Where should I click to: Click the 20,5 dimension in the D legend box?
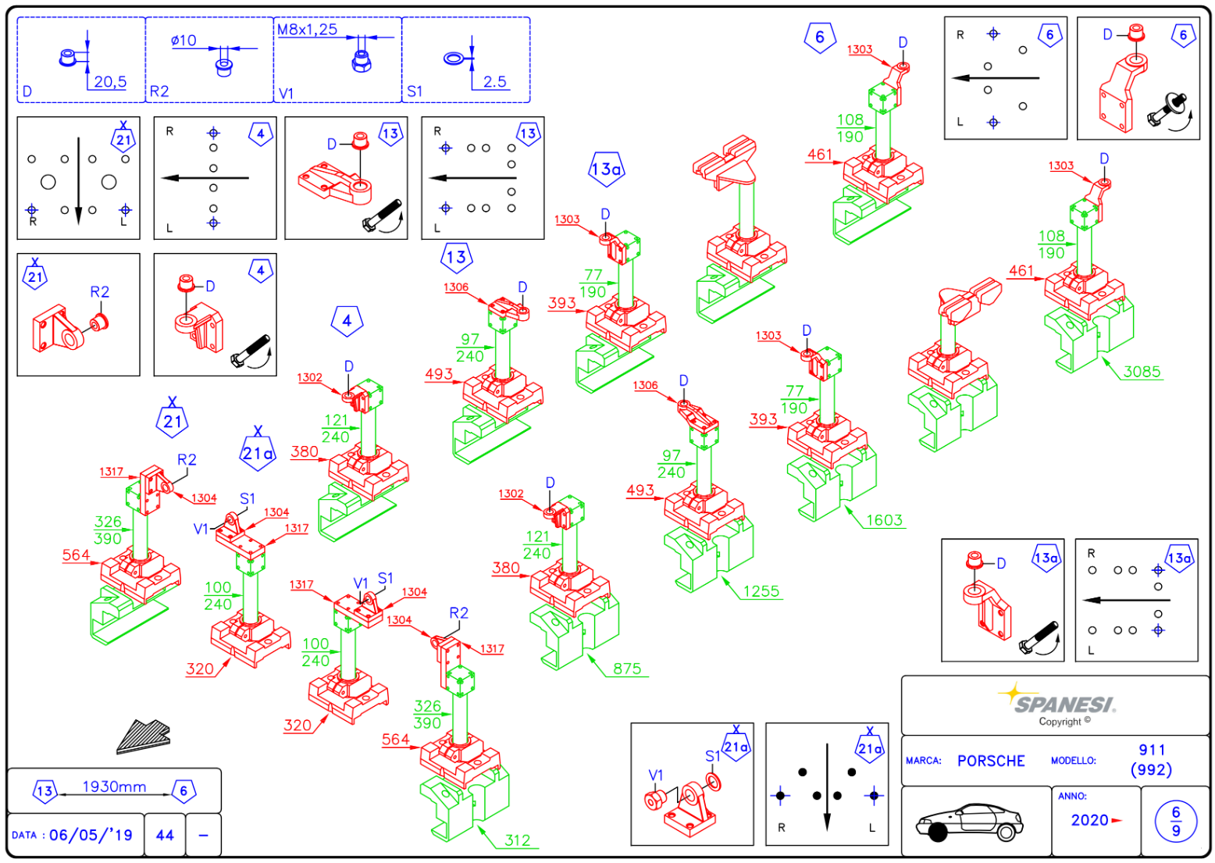click(110, 81)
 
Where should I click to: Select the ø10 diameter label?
click(183, 41)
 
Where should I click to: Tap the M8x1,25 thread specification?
click(308, 30)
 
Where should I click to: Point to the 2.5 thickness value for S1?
click(494, 81)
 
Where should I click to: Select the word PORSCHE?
click(991, 761)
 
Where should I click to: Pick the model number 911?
click(1152, 750)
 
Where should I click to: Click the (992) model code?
click(1151, 769)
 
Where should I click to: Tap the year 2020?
click(1090, 820)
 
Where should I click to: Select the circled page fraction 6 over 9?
click(1176, 821)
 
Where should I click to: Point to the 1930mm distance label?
click(114, 786)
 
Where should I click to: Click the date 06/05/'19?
click(91, 835)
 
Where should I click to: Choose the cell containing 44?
click(165, 835)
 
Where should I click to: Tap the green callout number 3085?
click(1142, 372)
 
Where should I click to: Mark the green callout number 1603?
click(884, 520)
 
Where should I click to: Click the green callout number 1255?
click(761, 591)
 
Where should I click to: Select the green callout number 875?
click(627, 669)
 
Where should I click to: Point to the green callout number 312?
click(518, 840)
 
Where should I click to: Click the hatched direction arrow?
click(144, 736)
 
